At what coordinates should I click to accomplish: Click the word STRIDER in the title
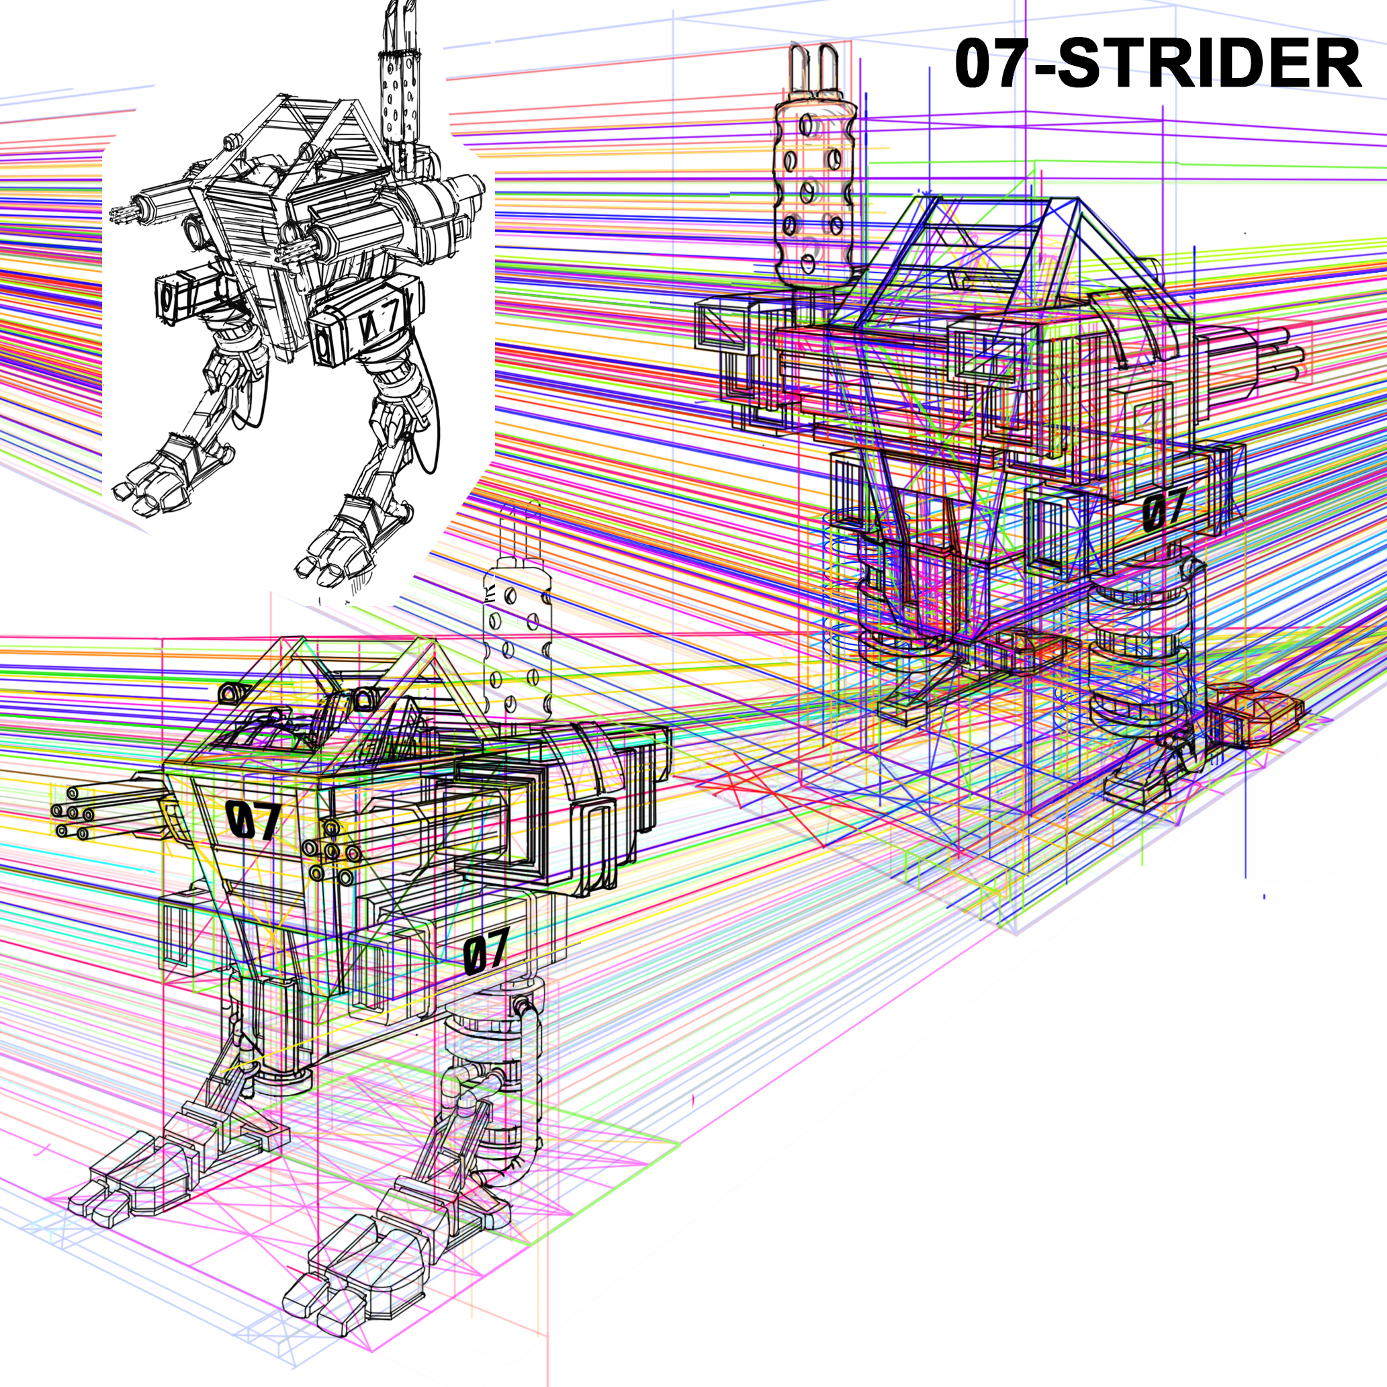(x=1209, y=64)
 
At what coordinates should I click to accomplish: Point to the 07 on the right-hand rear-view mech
(x=1164, y=509)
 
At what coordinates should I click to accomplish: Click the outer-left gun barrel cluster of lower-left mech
(x=75, y=813)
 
